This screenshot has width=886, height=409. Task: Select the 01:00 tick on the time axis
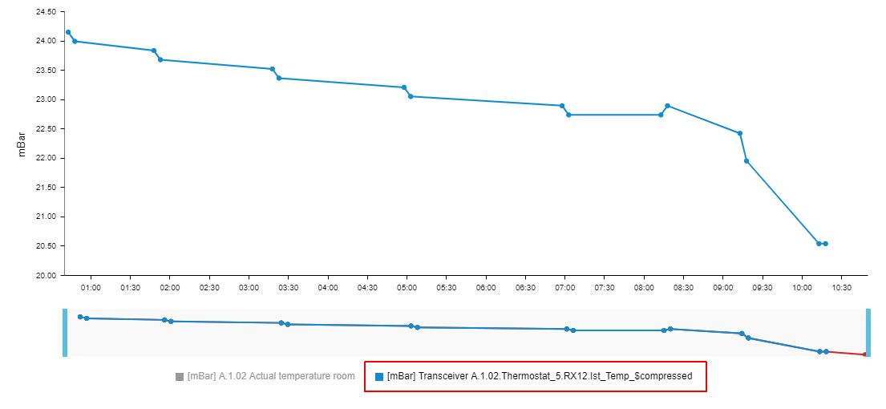coord(91,287)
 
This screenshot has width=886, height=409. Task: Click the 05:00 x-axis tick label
coord(407,287)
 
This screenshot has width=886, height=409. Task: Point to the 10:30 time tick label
coord(841,287)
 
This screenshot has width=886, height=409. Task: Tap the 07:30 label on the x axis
coord(604,287)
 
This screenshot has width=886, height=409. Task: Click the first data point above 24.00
coord(68,32)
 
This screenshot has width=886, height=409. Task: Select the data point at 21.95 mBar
coord(746,161)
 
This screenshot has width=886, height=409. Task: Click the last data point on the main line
coord(825,244)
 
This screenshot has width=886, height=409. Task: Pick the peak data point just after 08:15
coord(667,106)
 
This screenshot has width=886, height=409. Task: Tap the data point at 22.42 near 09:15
coord(740,133)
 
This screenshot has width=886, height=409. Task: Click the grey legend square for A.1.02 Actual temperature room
coord(180,376)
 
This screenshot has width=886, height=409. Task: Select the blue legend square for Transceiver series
coord(379,376)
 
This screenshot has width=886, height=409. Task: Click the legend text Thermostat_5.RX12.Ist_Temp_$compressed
coord(539,376)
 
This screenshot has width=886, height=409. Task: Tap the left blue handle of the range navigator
coord(65,332)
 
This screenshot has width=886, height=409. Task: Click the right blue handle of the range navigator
coord(868,332)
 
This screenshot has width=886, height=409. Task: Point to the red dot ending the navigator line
coord(864,354)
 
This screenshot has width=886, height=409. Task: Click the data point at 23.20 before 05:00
coord(404,87)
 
